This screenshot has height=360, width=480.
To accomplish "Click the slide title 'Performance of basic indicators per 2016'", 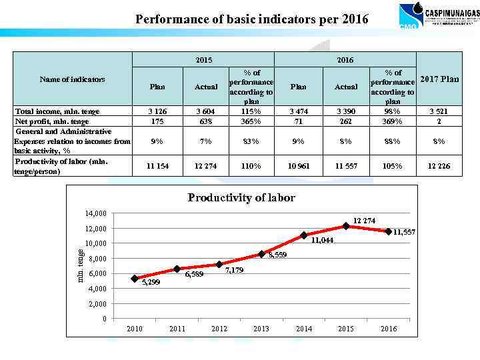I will [x=251, y=19].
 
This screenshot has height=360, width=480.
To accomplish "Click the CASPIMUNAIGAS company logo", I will [x=438, y=16].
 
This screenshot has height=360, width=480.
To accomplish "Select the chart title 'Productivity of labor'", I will [x=241, y=197].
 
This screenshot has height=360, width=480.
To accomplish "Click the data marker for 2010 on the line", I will [x=135, y=279].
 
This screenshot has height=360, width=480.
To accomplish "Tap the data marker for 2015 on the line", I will [x=346, y=226].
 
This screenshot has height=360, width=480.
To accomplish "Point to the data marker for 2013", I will [x=261, y=254].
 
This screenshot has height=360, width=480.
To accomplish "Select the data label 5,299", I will [x=151, y=282].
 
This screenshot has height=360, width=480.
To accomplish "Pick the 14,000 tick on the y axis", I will [x=95, y=213].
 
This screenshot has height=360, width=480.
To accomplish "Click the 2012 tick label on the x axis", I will [x=219, y=329].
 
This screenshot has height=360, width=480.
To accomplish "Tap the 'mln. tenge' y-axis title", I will [x=80, y=265].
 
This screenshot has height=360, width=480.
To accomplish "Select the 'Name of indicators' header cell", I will [x=72, y=79].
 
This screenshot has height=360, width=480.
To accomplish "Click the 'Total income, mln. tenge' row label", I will [x=57, y=111].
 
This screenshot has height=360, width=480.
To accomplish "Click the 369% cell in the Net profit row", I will [x=393, y=121].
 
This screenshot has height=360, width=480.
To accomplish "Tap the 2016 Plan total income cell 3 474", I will [x=299, y=111].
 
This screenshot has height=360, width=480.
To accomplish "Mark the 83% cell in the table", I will [x=251, y=141].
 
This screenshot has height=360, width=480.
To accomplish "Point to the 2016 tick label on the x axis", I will [x=388, y=329].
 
